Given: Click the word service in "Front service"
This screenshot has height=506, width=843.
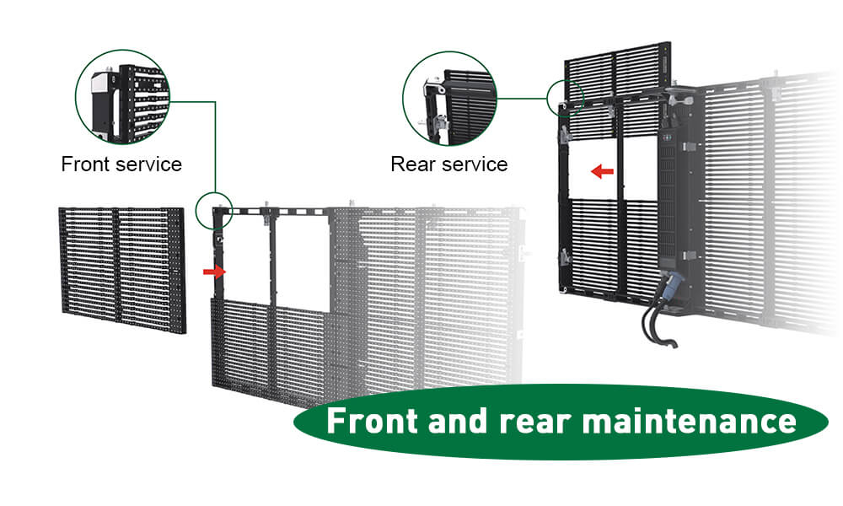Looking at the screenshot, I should [x=150, y=164].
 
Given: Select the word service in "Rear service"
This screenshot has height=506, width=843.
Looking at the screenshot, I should [x=476, y=164].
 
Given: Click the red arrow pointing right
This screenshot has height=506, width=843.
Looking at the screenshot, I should [x=216, y=272].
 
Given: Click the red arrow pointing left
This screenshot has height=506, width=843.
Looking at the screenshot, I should [x=602, y=172].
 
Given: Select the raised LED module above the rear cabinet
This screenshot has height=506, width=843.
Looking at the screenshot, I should [x=615, y=72].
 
